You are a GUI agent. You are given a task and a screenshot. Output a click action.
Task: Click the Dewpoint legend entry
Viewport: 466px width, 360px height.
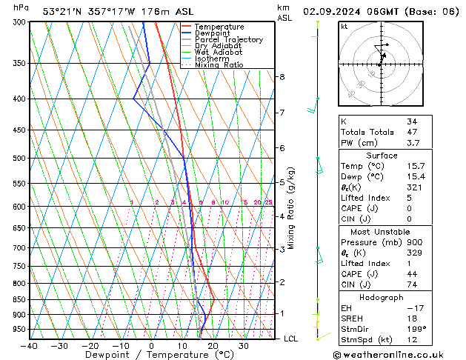point(211,33)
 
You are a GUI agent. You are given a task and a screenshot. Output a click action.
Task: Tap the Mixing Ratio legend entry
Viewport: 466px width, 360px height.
point(219,65)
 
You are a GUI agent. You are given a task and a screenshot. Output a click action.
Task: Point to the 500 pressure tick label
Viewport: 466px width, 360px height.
point(19,159)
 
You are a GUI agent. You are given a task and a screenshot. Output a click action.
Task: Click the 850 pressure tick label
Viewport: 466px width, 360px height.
point(19,300)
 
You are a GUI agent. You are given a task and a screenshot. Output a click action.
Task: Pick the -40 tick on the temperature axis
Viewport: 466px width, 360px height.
point(30,346)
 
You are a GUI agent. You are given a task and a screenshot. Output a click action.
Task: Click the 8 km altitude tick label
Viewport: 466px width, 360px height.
point(282,77)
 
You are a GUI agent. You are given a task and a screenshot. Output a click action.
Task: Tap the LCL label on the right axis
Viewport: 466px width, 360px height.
point(291,339)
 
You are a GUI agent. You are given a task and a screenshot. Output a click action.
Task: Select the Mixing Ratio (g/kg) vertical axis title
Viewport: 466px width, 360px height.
point(291,208)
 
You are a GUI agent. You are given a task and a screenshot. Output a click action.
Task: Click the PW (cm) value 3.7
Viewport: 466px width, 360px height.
point(412,143)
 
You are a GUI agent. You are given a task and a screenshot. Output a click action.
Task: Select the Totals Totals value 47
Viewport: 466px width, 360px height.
point(412,132)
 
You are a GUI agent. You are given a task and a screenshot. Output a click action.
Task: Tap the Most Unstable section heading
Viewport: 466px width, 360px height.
point(372,232)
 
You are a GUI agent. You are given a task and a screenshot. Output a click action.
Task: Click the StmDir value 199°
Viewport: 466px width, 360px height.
point(415,330)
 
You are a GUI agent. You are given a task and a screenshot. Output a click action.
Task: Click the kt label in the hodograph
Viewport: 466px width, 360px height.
point(344,26)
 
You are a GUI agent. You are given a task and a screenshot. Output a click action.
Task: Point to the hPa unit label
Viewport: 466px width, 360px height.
point(21,7)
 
